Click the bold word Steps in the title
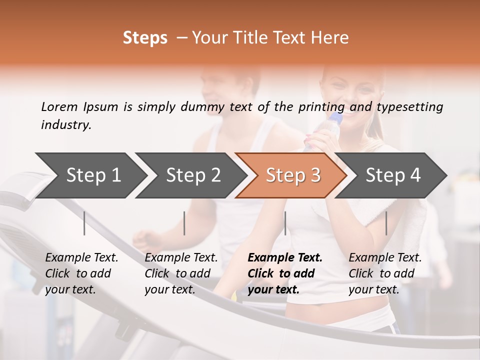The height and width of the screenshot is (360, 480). coord(145,38)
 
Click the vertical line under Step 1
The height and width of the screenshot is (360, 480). coord(84,223)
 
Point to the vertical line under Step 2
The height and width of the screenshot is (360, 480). coord(184,223)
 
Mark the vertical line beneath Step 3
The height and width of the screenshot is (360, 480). coord(285,223)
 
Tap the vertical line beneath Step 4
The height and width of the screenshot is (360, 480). coord(386,223)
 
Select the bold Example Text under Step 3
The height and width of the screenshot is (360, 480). coord(285,273)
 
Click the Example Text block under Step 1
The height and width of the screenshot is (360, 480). coord(81,273)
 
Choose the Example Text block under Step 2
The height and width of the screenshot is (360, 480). coord(181,273)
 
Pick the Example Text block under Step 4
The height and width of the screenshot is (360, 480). coord(385,273)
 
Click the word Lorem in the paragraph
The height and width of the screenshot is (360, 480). coord(59,106)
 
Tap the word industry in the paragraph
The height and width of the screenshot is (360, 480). coord(66,124)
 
